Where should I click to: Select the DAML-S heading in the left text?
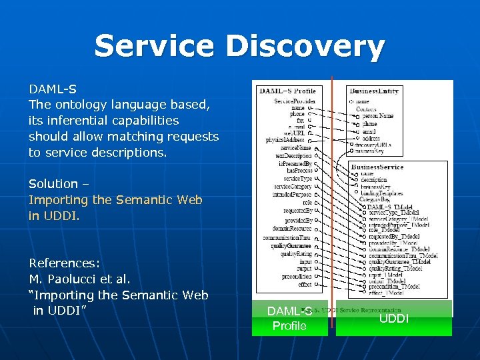(x=52, y=89)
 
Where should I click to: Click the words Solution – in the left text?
(x=59, y=184)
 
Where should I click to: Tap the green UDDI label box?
(x=393, y=319)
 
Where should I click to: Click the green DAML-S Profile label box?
(x=289, y=319)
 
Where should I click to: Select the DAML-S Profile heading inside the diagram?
(x=287, y=91)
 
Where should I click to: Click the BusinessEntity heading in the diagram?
(x=375, y=91)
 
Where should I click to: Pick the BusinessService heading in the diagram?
(x=377, y=167)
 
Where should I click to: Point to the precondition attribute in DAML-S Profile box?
(x=296, y=276)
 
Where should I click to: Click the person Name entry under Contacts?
(x=377, y=116)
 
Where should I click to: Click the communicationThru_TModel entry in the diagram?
(x=403, y=255)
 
